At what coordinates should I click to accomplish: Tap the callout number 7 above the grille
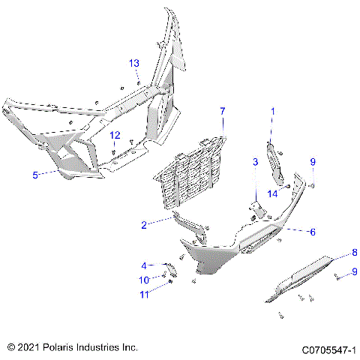[x=222, y=111]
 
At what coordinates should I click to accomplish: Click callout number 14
[x=274, y=193]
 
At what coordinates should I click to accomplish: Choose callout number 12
[x=115, y=135]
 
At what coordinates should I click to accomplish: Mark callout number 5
[x=34, y=175]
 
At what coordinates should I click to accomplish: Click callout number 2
[x=143, y=223]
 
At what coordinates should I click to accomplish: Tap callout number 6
[x=312, y=232]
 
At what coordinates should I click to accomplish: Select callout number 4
[x=144, y=265]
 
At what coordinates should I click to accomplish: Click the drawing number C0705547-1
[x=328, y=349]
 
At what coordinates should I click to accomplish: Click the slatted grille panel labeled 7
[x=199, y=169]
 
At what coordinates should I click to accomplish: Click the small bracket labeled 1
[x=275, y=153]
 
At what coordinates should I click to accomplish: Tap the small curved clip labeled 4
[x=171, y=268]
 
